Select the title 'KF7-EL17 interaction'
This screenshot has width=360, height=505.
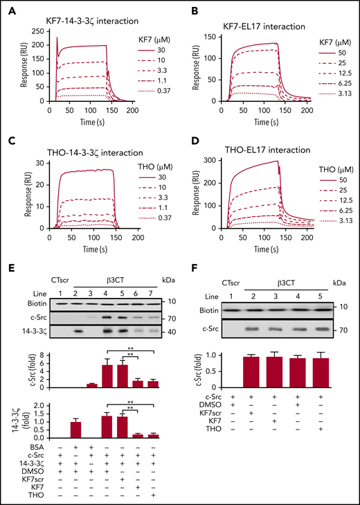[x=255, y=26]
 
